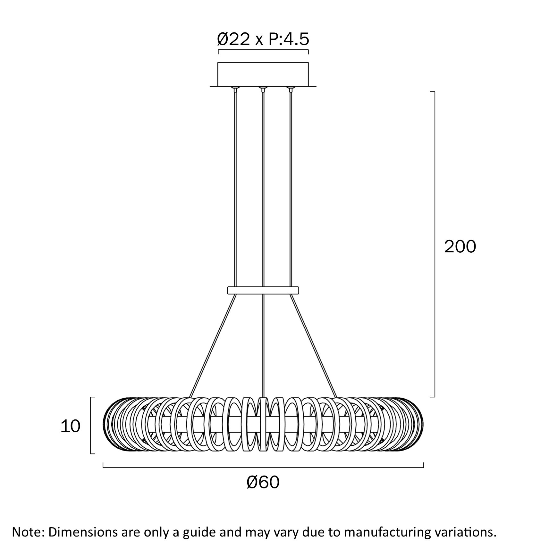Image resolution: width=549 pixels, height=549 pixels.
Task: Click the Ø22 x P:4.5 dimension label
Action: pos(263,39)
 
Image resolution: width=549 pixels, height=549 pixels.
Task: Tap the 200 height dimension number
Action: pos(460,247)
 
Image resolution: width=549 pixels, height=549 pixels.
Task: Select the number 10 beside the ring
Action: pos(70,427)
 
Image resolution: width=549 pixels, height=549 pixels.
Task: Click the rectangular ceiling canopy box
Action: pos(263,74)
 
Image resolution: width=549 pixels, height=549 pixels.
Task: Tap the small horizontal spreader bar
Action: pos(263,290)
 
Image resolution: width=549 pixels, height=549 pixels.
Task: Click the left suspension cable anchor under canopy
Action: pos(236,89)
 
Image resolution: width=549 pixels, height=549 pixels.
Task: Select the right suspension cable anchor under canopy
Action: pos(291,89)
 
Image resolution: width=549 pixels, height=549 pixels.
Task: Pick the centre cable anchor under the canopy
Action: pos(263,89)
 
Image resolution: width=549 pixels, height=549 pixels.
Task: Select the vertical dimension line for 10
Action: pos(91,425)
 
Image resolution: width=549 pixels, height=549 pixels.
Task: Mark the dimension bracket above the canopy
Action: pos(263,50)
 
